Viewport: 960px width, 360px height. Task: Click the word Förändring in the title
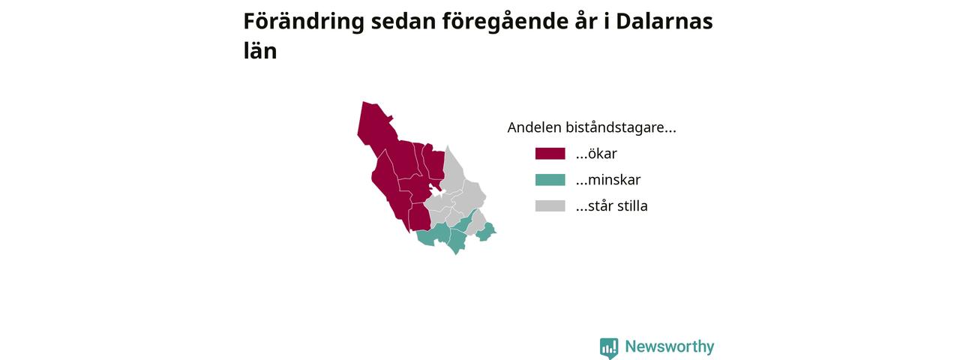304,22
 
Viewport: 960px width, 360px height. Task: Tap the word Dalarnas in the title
664,21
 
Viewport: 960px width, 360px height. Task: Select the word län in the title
260,50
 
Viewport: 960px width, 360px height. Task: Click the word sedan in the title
403,22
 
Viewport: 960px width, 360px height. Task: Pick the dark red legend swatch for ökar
550,154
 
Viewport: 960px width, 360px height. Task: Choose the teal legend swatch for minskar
550,179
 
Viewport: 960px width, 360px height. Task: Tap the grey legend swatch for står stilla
550,205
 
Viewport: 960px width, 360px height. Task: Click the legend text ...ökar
596,154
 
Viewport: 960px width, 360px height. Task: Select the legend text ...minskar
608,179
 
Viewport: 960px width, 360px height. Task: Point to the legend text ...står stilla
611,205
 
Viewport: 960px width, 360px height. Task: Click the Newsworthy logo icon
609,347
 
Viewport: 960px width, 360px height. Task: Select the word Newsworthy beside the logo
670,346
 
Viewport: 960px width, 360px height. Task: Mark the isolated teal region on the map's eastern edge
486,232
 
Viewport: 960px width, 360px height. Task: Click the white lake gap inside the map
436,191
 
